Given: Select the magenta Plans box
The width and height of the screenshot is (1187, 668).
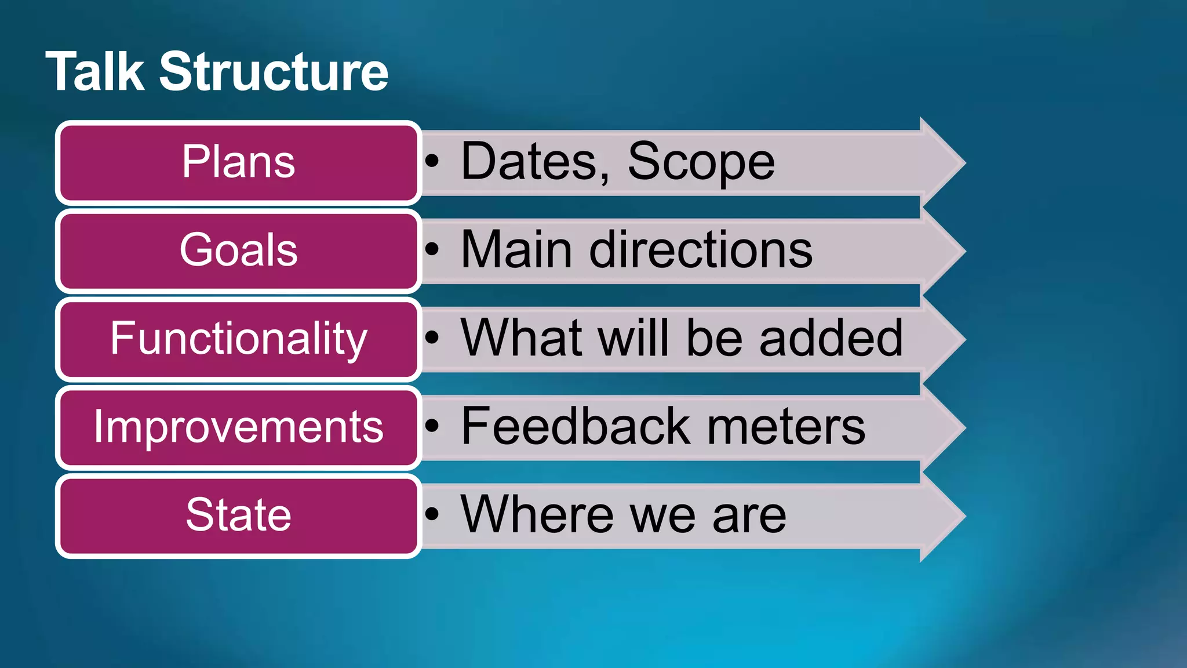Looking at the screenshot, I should (238, 162).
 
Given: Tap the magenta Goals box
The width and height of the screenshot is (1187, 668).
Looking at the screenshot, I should (238, 251).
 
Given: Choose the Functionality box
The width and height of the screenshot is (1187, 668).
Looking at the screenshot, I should (238, 339).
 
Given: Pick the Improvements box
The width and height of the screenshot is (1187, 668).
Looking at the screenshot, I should (238, 427).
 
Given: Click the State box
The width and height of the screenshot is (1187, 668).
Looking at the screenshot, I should (238, 515).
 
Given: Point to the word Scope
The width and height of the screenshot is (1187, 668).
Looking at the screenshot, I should (701, 162).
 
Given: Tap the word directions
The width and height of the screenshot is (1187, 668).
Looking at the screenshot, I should (701, 250).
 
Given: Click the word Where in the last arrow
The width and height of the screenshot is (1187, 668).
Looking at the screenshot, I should (537, 515).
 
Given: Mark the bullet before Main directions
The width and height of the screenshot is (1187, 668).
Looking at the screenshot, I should (432, 250).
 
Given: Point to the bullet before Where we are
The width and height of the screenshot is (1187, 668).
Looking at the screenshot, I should (432, 514).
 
